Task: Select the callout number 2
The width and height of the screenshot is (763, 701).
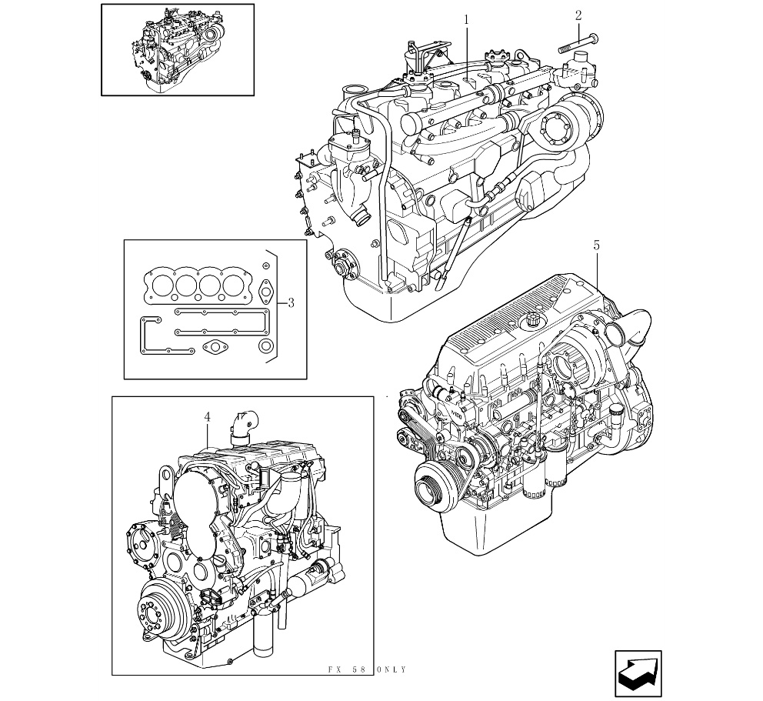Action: (x=578, y=15)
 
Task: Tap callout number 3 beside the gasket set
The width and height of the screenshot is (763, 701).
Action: (x=291, y=303)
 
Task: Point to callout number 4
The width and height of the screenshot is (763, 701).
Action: (x=208, y=417)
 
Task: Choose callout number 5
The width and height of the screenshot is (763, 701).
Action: (x=596, y=245)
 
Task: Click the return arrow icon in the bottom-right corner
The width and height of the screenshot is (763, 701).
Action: (x=638, y=673)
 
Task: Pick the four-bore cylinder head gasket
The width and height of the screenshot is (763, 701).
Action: (x=197, y=285)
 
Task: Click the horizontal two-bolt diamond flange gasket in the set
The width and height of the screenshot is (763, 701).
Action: (x=213, y=347)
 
